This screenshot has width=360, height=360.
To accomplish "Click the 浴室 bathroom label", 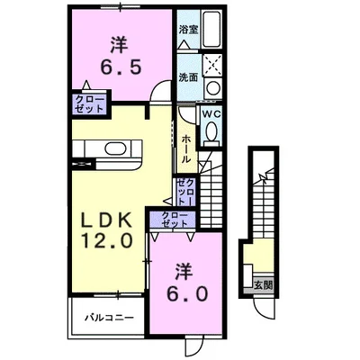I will point(188,30).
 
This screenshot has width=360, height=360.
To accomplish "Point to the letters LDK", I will point(111,220).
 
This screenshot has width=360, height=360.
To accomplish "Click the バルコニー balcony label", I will point(110,318).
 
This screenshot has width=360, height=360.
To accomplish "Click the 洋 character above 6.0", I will point(184,269).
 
